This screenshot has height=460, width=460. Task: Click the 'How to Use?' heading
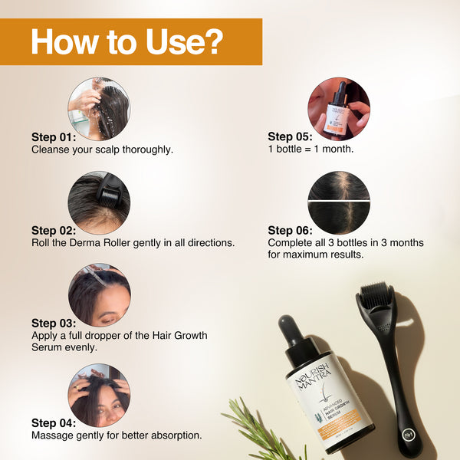(x=127, y=42)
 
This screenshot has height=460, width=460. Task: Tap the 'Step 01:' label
(x=54, y=137)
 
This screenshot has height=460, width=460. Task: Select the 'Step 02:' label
(x=54, y=230)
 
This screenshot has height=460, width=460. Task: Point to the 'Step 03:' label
(x=54, y=323)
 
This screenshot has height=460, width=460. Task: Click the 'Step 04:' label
(x=54, y=422)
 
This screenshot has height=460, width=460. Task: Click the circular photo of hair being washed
(x=99, y=108)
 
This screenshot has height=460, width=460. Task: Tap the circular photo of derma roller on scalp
(x=99, y=202)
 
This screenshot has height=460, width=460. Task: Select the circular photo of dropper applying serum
(x=99, y=295)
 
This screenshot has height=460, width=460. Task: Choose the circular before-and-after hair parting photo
(x=338, y=202)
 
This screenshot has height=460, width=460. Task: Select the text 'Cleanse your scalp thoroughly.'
(x=102, y=149)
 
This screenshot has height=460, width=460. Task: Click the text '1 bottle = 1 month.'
(x=310, y=149)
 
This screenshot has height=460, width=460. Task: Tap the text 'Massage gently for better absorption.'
(x=117, y=435)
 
